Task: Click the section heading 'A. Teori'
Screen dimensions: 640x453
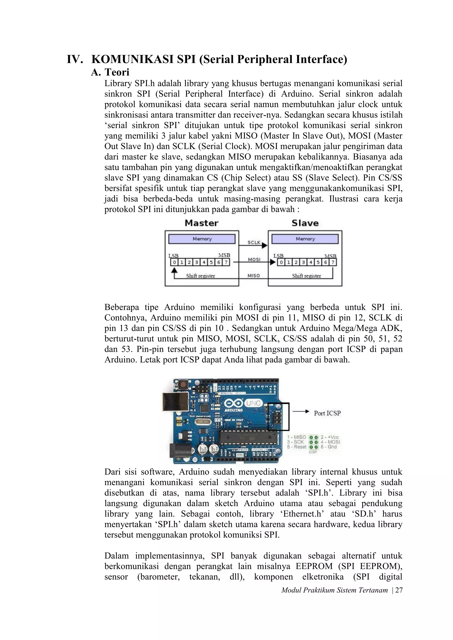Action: (110, 72)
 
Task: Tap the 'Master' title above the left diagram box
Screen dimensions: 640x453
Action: (202, 223)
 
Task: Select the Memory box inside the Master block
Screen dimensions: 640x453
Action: (202, 239)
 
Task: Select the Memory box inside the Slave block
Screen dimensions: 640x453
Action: (305, 239)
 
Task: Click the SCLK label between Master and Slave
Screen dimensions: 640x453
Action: (254, 242)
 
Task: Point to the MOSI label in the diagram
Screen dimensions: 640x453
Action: (254, 259)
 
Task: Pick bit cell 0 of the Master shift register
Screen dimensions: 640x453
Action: (174, 262)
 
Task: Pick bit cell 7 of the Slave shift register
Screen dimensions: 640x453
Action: (333, 262)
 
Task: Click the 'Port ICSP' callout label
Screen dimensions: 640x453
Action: (327, 413)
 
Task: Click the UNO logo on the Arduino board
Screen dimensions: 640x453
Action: (253, 403)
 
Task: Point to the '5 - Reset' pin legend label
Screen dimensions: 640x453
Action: (297, 447)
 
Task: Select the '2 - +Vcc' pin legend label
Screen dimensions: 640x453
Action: (329, 437)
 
